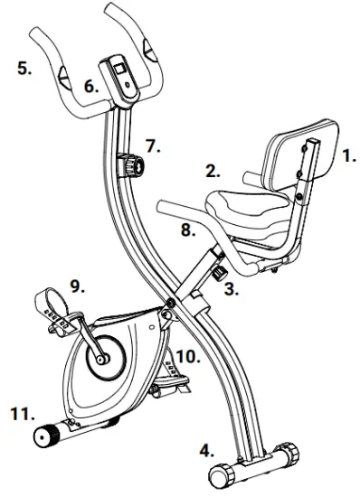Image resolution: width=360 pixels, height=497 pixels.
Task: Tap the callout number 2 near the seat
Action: (x=213, y=170)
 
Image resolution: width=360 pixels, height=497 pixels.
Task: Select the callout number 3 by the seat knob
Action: (x=231, y=291)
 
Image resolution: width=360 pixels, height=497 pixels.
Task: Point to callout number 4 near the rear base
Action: (x=208, y=448)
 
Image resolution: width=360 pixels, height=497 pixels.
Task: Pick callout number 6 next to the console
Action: (x=90, y=87)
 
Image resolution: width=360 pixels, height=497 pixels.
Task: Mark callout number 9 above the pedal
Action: (x=78, y=287)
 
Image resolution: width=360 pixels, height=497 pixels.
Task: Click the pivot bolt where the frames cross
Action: (x=169, y=302)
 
